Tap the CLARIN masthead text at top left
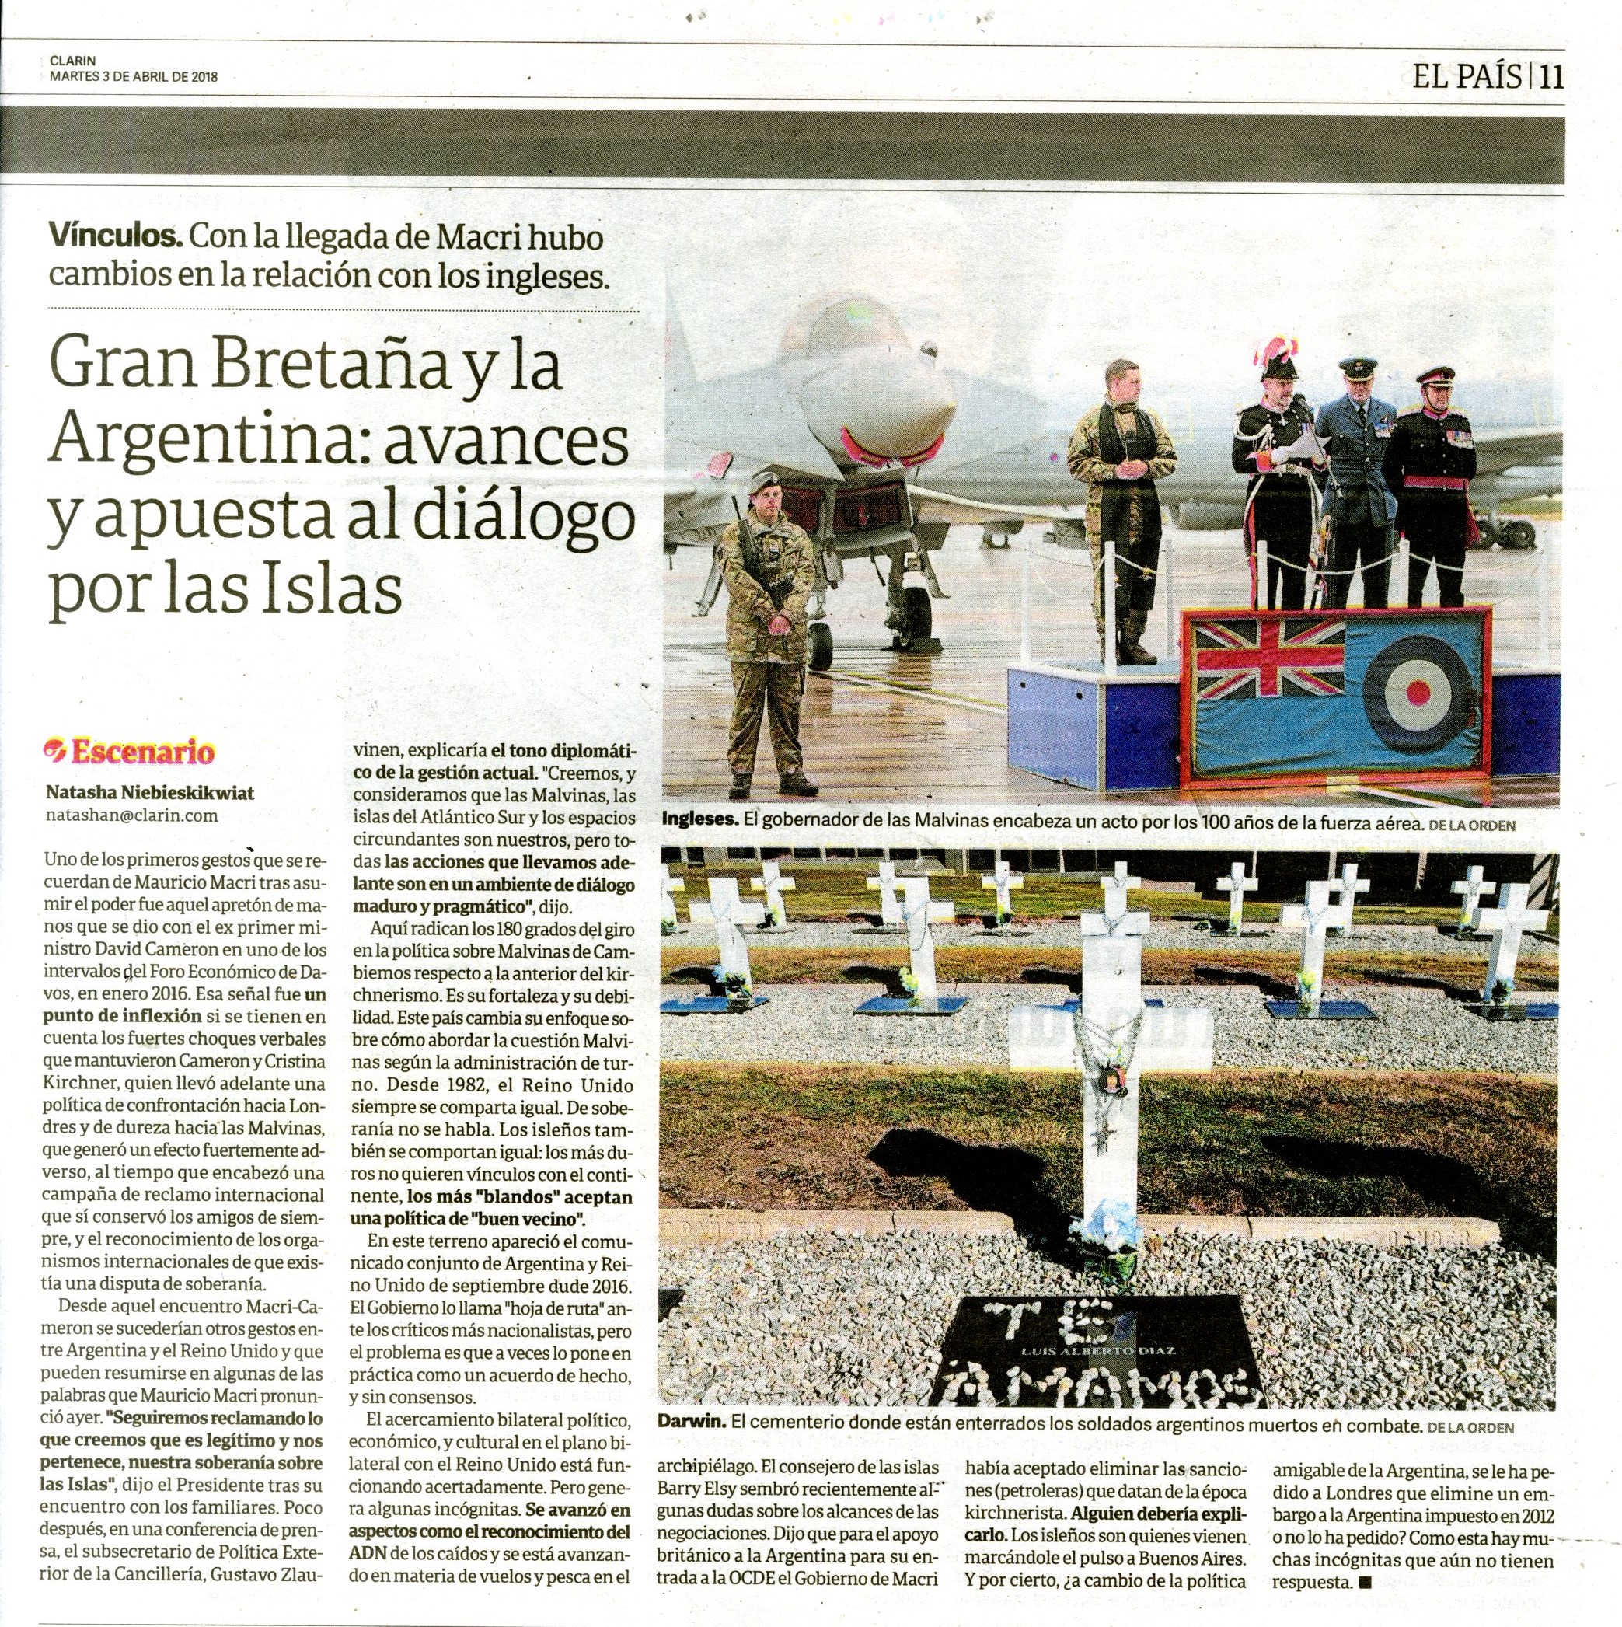[x=72, y=61]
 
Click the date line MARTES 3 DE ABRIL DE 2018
[x=134, y=76]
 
